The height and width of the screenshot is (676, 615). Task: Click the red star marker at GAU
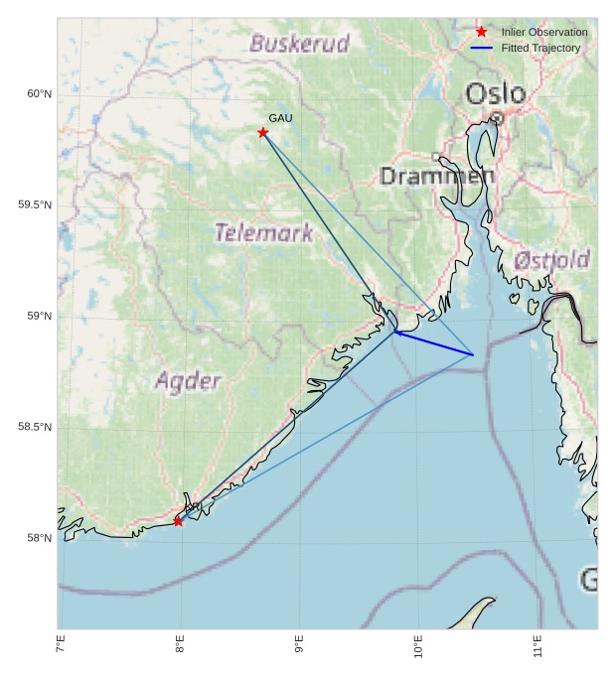point(263,132)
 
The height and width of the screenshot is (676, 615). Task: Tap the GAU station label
point(280,118)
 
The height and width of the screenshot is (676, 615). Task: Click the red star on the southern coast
point(179,521)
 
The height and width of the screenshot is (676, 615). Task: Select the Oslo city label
point(496,94)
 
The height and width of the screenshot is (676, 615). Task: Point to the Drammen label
point(437,177)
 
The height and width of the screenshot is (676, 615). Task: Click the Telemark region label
point(264,233)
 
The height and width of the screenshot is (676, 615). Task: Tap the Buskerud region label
point(300,44)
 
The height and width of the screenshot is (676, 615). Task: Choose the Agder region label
point(188,381)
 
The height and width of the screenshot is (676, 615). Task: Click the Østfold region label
point(551,261)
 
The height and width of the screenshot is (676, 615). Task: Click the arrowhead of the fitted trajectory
point(396,332)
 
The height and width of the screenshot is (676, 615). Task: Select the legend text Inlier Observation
point(544,33)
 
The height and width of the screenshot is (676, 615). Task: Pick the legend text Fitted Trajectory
point(540,49)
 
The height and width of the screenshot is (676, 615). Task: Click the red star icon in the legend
point(482,32)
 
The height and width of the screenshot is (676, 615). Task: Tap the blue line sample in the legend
point(482,48)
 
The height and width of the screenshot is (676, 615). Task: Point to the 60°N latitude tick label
point(39,94)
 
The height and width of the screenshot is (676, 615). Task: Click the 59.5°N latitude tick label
point(35,205)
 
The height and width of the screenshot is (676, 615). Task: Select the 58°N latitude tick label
point(39,539)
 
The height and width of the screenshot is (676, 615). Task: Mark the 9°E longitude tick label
point(299,644)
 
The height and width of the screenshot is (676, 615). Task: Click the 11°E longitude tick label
point(538,646)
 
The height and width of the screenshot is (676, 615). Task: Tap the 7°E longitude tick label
point(61,644)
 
